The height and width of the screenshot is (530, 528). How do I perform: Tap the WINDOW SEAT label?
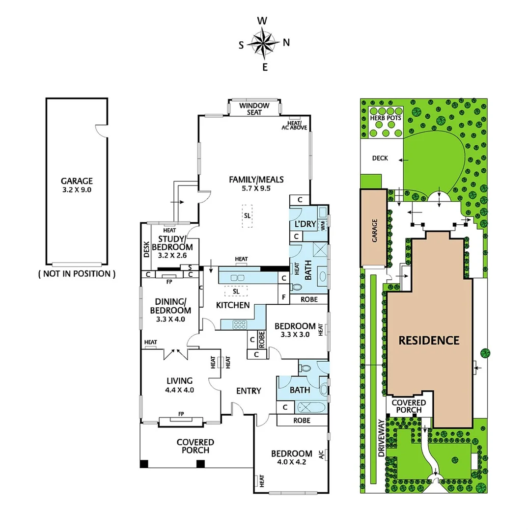(x=254, y=108)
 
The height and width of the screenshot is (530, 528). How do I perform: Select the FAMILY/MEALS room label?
(x=256, y=183)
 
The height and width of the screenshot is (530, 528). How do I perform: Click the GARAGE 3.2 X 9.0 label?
(x=77, y=185)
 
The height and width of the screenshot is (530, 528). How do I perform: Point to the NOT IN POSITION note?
(x=77, y=274)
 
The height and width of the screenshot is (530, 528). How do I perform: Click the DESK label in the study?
(x=146, y=250)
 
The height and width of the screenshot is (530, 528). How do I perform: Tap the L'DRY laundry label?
(x=305, y=224)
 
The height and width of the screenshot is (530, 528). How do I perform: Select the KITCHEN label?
(x=233, y=305)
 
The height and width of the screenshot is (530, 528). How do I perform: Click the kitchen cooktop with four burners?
(x=240, y=324)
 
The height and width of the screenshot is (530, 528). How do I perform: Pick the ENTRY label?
(x=249, y=391)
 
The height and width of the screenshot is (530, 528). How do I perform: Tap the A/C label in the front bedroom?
(x=322, y=455)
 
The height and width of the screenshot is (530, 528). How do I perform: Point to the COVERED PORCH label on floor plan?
(x=195, y=446)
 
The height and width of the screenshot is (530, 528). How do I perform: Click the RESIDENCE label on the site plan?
(x=429, y=340)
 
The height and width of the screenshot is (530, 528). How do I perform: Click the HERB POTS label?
(x=386, y=118)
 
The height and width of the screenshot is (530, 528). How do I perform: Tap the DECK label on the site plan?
(x=380, y=158)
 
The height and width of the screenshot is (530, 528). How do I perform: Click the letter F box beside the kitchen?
(x=283, y=297)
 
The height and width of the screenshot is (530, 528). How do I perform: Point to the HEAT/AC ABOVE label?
(x=294, y=125)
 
